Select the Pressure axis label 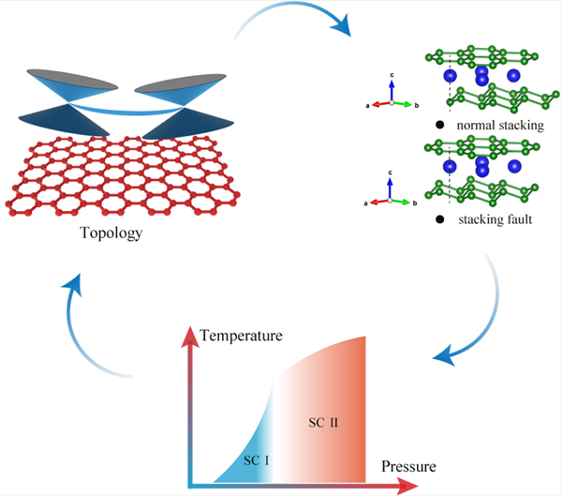(408, 465)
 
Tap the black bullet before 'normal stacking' (439, 126)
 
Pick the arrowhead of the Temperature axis (192, 331)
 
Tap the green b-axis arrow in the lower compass (403, 201)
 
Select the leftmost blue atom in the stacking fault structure (451, 166)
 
